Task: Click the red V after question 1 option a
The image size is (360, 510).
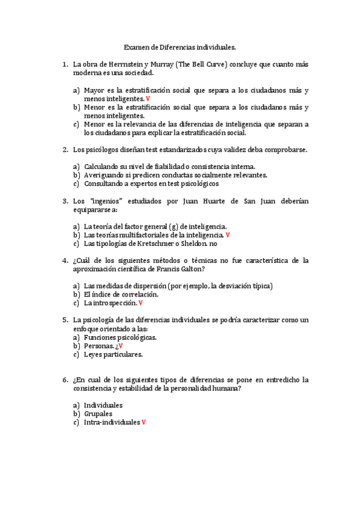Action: [x=148, y=99]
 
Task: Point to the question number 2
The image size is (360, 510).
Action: [x=65, y=149]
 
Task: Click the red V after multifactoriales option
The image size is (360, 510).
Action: [x=228, y=235]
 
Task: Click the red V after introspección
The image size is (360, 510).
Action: [x=141, y=303]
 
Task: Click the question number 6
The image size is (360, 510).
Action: [x=65, y=379]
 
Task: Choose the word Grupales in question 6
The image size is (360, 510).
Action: [x=99, y=414]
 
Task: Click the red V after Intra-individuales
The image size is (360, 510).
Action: [x=144, y=422]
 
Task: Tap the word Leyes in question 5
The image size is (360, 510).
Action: [x=94, y=354]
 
